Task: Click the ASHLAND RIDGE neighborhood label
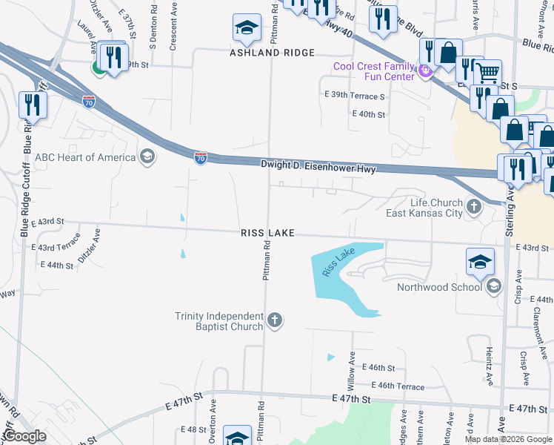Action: pos(272,53)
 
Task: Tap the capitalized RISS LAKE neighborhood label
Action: pos(268,233)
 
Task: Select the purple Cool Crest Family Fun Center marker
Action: pos(424,71)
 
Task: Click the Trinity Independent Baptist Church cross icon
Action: pos(275,320)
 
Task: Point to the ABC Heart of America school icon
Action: pos(147,156)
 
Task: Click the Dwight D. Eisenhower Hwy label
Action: pos(318,168)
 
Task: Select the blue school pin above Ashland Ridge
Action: pos(247,28)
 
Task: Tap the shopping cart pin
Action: pos(487,73)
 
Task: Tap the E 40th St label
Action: pos(369,114)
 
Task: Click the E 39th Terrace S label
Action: pos(354,96)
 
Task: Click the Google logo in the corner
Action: pos(24,436)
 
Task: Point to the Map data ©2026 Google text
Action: pos(507,439)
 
